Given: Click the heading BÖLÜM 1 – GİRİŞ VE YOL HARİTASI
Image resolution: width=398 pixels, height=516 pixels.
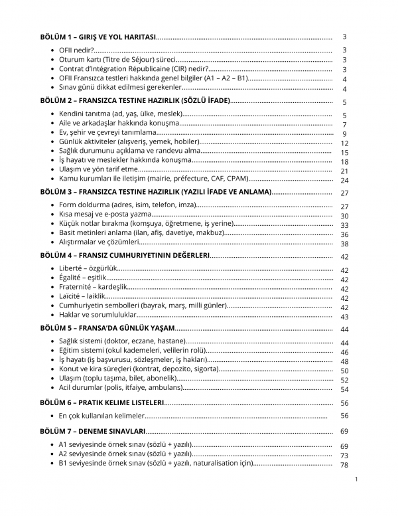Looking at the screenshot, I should click(98, 37).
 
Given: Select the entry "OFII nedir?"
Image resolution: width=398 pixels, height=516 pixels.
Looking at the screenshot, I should click(76, 50).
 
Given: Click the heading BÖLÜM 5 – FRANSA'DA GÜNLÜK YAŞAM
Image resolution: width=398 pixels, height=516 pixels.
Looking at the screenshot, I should click(107, 329).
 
